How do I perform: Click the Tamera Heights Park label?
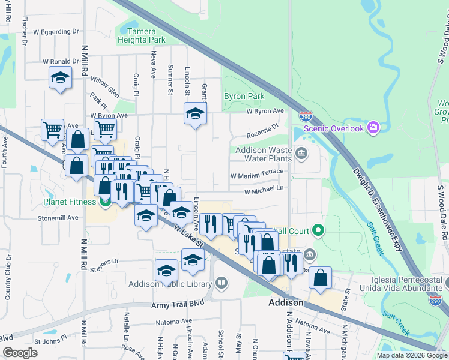coord(141,35)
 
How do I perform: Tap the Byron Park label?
coord(244,96)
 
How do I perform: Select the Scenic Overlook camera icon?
coord(373,127)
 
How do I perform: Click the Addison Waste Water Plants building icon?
coord(302,154)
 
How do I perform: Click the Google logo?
coord(20,353)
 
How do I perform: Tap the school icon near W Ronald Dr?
coord(60,78)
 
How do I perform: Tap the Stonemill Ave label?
coord(58,218)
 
